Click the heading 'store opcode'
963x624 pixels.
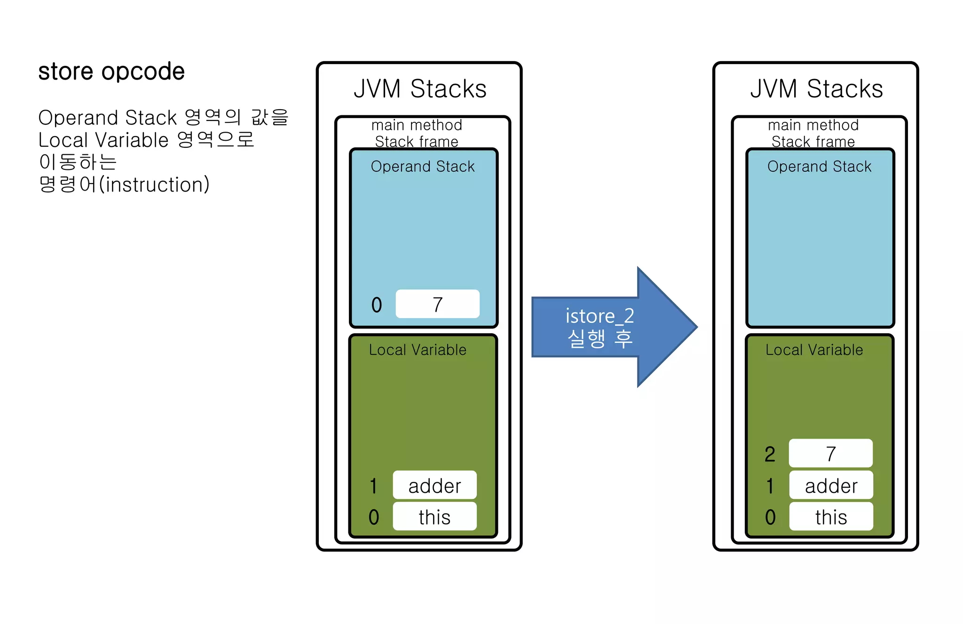pyautogui.click(x=111, y=72)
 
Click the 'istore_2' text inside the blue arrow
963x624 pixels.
pyautogui.click(x=600, y=316)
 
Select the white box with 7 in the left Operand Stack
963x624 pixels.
pyautogui.click(x=437, y=304)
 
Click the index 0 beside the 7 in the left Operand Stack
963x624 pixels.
pyautogui.click(x=377, y=305)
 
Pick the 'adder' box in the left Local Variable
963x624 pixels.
pyautogui.click(x=434, y=485)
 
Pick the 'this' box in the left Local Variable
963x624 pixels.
pyautogui.click(x=434, y=517)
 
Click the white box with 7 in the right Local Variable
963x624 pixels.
pyautogui.click(x=830, y=454)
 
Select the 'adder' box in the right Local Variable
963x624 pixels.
pyautogui.click(x=831, y=485)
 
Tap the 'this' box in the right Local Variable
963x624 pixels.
pyautogui.click(x=831, y=517)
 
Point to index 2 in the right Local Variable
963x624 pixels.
pyautogui.click(x=770, y=454)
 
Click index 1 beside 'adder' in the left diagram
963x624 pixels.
pyautogui.click(x=373, y=486)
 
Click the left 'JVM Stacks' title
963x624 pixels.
pyautogui.click(x=420, y=88)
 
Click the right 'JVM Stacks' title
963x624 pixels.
pyautogui.click(x=816, y=88)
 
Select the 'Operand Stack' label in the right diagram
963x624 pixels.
pyautogui.click(x=819, y=167)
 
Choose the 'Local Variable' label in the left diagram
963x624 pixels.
pyautogui.click(x=418, y=350)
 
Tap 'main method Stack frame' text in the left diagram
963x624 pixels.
pyautogui.click(x=417, y=133)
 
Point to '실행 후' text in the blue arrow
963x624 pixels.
pyautogui.click(x=600, y=338)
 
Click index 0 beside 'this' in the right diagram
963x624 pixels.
pyautogui.click(x=770, y=517)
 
